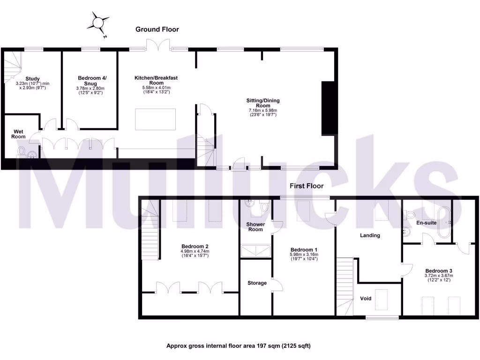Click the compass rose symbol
99,23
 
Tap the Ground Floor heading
157,30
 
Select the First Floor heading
307,186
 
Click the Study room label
33,79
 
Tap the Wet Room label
19,134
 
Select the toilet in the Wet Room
21,151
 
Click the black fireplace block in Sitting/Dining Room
328,108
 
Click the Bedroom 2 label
195,247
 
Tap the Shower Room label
256,227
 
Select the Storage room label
257,283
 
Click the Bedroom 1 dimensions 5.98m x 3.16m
304,255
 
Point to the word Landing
370,235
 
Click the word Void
366,298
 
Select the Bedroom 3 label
439,271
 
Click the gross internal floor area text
239,346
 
